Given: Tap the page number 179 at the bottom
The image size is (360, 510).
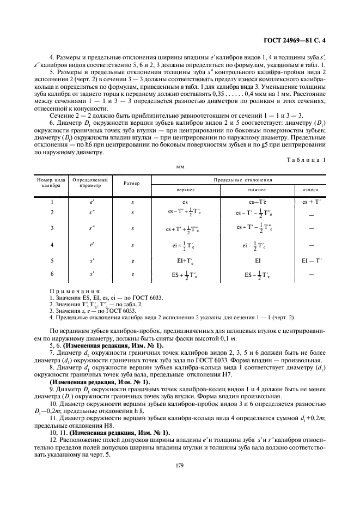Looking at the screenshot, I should pyautogui.click(x=179, y=465).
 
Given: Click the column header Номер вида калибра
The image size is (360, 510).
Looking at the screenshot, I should pyautogui.click(x=51, y=182).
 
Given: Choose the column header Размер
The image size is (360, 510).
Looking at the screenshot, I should pyautogui.click(x=132, y=183).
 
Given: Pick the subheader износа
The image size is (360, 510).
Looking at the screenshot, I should pyautogui.click(x=310, y=190).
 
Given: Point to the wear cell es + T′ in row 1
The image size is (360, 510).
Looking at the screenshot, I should pyautogui.click(x=312, y=202).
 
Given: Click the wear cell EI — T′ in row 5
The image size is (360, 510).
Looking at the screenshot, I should pyautogui.click(x=312, y=261).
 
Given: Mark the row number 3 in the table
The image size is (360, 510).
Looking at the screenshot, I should pyautogui.click(x=52, y=229).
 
